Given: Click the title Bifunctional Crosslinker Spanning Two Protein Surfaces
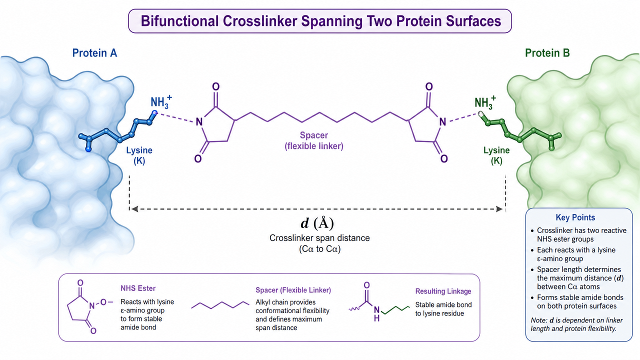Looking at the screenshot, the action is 320,21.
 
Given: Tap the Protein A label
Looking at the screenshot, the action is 94,53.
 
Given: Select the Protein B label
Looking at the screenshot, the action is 547,53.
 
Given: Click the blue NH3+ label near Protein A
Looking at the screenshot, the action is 161,102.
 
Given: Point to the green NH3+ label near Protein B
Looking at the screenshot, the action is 485,103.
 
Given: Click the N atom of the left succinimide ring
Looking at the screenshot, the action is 199,122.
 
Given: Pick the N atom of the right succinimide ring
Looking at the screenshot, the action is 442,122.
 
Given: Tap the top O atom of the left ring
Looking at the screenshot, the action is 215,86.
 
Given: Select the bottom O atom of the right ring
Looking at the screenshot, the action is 443,158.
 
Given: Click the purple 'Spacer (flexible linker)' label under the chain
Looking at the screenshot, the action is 314,140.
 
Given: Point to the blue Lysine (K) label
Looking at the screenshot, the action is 139,155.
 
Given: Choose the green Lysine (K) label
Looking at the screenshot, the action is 496,155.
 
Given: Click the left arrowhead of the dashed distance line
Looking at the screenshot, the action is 134,209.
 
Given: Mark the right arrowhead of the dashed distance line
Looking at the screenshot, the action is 499,209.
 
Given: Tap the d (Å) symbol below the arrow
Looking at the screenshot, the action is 317,223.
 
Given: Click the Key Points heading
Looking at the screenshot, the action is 575,217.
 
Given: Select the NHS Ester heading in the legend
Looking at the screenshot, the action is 138,288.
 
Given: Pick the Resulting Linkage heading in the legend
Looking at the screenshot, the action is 443,291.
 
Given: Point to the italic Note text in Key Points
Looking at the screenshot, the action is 576,324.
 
